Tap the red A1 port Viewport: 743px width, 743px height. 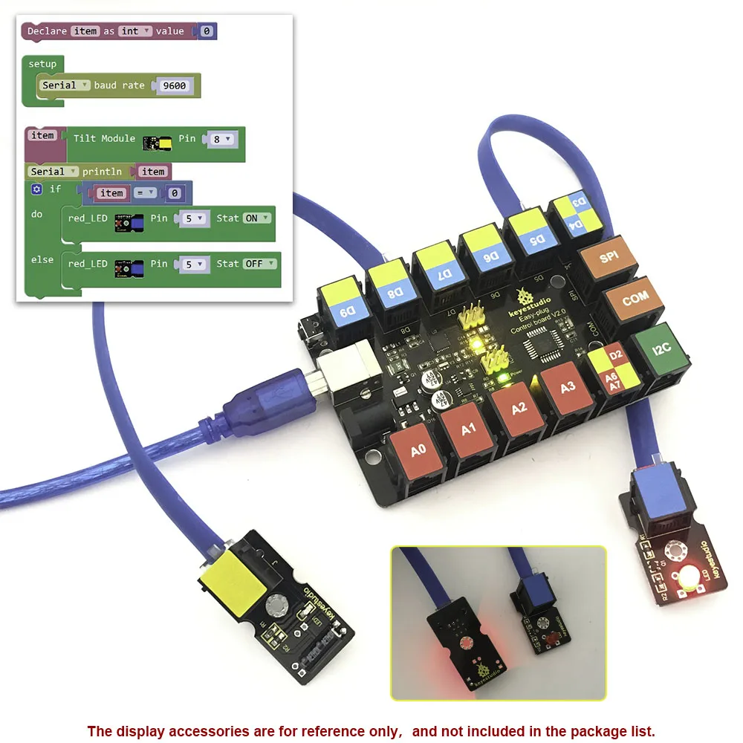coord(468,429)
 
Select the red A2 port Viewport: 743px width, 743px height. coord(519,406)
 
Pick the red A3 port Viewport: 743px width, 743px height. coord(567,386)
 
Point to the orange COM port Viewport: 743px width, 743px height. coord(635,300)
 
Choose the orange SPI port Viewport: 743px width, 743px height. coord(609,257)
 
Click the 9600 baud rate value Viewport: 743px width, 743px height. coord(175,85)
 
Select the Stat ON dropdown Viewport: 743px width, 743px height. coord(256,218)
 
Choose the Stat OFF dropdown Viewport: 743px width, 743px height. coord(260,264)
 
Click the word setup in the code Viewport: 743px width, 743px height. coord(42,64)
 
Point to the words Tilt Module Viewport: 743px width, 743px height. coord(104,138)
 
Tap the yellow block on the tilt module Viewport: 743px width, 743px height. coord(233,581)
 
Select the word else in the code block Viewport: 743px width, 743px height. coord(42,259)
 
